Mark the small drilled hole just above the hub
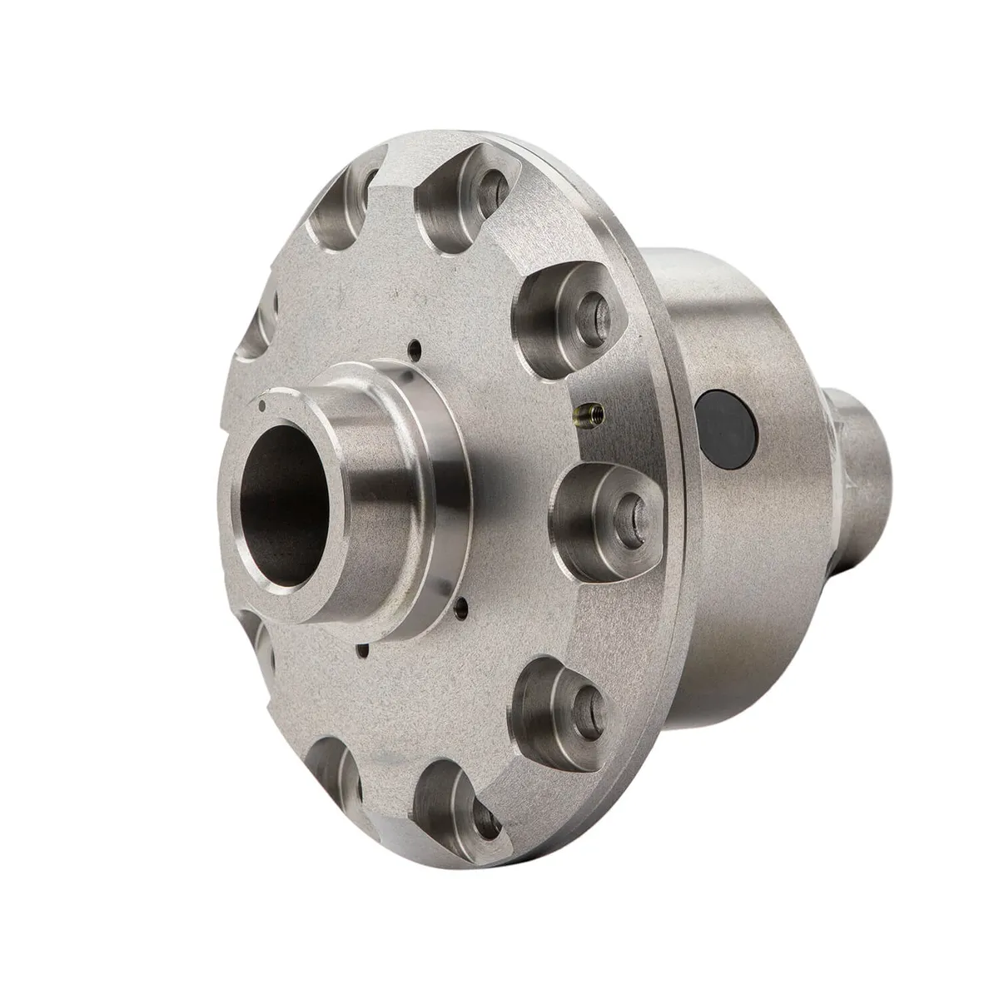[414, 348]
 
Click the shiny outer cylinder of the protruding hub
[391, 483]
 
